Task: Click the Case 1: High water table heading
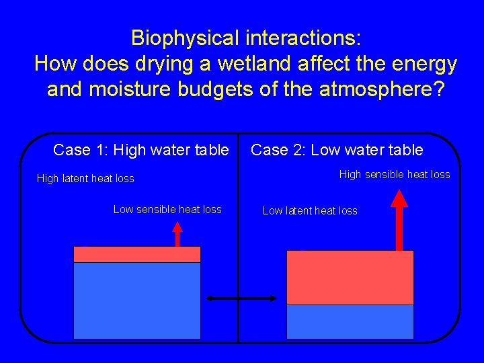pos(140,150)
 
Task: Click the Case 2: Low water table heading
pos(337,150)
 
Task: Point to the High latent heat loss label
pos(85,179)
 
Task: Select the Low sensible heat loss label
pos(167,210)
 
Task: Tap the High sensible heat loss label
pos(395,175)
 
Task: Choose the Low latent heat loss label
pos(310,211)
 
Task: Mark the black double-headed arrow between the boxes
pos(241,298)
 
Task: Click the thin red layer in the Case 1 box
pos(136,254)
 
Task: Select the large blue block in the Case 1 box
pos(136,300)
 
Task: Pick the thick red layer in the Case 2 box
pos(350,277)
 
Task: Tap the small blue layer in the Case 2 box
pos(350,321)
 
